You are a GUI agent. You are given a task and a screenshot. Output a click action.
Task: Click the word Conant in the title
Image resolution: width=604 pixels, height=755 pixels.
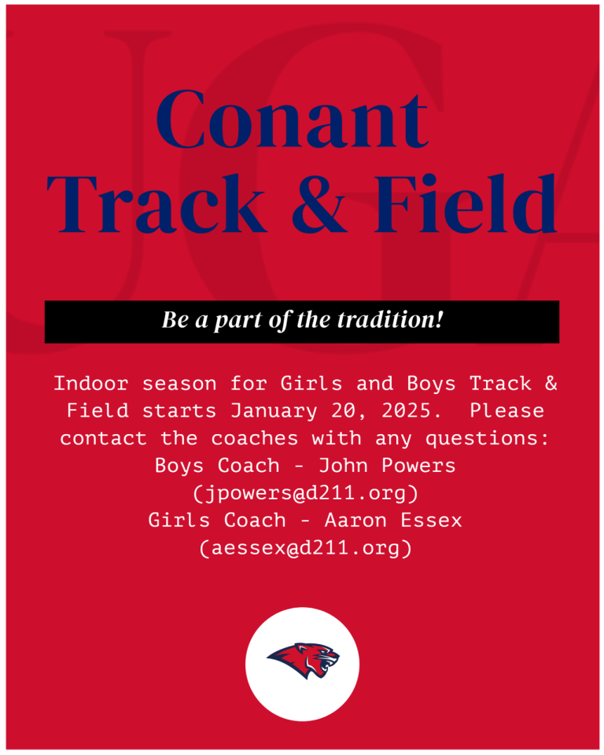[x=292, y=120]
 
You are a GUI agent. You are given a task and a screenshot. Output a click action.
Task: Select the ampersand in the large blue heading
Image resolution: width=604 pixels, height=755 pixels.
[x=319, y=204]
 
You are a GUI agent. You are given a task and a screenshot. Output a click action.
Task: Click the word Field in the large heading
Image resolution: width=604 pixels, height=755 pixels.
[x=466, y=203]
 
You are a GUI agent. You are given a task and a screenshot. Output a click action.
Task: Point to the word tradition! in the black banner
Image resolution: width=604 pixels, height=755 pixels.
[x=389, y=320]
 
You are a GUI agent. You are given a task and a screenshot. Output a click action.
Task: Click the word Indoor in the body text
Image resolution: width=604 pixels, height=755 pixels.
[x=91, y=384]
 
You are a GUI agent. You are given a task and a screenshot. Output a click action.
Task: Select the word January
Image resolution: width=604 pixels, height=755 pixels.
[x=274, y=411]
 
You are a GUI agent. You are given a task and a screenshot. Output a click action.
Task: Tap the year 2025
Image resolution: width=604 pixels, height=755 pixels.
[x=411, y=411]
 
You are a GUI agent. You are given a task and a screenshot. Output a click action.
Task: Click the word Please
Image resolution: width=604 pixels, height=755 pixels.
[x=507, y=411]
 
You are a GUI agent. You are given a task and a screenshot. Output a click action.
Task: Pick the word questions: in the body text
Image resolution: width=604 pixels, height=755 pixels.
[x=488, y=439]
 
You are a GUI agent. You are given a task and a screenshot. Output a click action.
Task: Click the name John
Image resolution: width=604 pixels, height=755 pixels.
[x=343, y=466]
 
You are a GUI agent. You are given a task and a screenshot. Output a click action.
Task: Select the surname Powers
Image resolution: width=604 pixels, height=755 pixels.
[x=418, y=466]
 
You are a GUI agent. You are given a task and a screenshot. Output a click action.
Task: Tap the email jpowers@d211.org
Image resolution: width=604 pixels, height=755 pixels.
[x=305, y=494]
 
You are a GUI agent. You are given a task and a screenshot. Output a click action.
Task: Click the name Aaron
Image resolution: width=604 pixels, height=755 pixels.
[x=355, y=521]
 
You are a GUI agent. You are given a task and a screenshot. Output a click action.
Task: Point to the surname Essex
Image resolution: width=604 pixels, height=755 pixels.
[x=431, y=521]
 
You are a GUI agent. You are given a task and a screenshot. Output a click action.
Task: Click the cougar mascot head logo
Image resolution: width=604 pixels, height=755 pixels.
[x=303, y=660]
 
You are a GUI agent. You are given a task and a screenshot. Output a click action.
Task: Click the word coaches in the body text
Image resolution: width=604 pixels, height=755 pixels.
[x=255, y=439]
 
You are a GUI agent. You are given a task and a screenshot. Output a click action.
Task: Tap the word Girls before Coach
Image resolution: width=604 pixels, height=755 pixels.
[x=179, y=521]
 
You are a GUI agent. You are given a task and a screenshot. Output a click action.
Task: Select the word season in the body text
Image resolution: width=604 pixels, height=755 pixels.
[x=179, y=384]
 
